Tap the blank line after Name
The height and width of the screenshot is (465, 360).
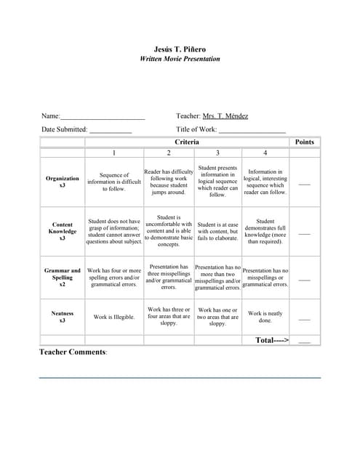(103, 116)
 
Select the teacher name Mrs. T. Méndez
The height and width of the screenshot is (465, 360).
(225, 116)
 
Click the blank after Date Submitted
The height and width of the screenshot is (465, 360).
(111, 130)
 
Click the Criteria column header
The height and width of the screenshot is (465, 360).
(187, 142)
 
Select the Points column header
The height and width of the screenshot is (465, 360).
(305, 142)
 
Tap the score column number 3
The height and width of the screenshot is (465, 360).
(217, 153)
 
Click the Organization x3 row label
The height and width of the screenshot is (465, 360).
(63, 182)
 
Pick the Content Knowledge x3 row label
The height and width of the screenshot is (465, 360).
(63, 232)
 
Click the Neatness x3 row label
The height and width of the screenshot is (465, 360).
(63, 317)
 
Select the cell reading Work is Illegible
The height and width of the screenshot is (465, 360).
(114, 317)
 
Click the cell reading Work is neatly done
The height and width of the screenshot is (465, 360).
(265, 317)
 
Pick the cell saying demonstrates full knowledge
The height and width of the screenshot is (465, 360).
(265, 232)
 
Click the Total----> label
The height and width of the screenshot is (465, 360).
(272, 340)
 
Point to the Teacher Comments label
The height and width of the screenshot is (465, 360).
(73, 352)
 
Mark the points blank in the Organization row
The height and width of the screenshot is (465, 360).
(305, 184)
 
